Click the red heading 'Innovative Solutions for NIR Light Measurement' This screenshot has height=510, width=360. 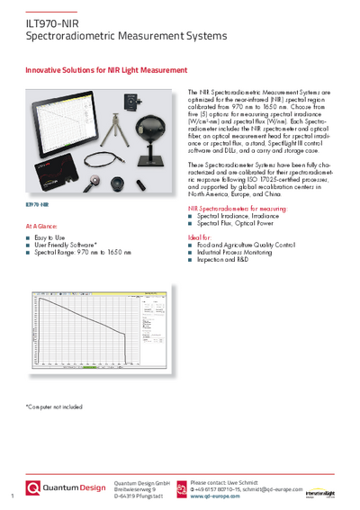point(106,69)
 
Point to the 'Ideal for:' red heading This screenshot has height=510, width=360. point(201,236)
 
